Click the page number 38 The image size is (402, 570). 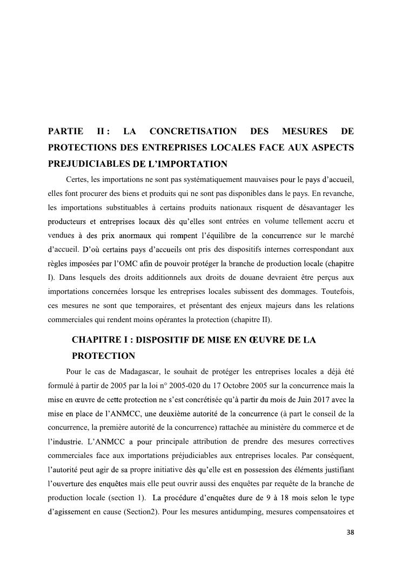click(x=350, y=533)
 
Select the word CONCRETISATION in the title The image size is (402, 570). click(x=193, y=132)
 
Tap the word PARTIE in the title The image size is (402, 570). click(x=65, y=132)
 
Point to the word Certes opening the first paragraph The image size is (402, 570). click(x=76, y=179)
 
